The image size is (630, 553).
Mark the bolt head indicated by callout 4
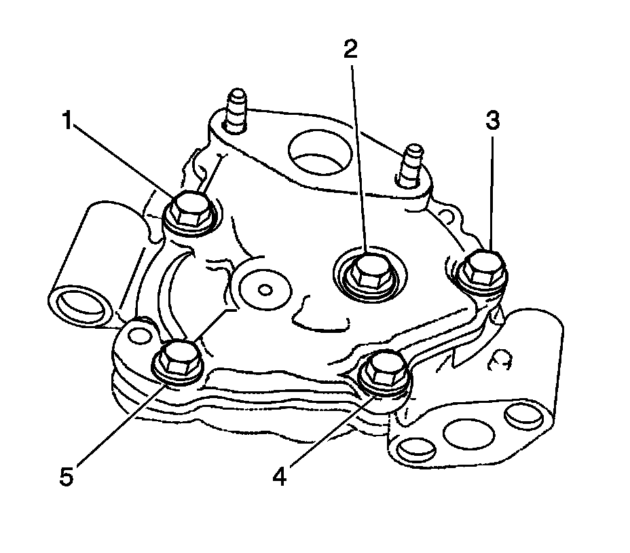click(x=384, y=370)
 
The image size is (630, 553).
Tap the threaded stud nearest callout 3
click(x=412, y=162)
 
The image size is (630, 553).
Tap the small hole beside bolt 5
click(x=139, y=334)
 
